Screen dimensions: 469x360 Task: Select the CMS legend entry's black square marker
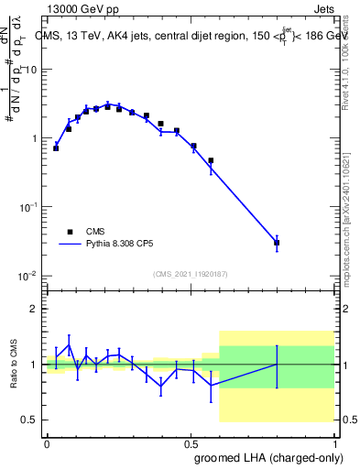pyautogui.click(x=70, y=232)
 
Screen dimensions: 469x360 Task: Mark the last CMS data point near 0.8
pyautogui.click(x=277, y=243)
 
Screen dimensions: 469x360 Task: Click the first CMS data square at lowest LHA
pyautogui.click(x=56, y=147)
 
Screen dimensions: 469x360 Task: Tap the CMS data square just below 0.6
pyautogui.click(x=211, y=160)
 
